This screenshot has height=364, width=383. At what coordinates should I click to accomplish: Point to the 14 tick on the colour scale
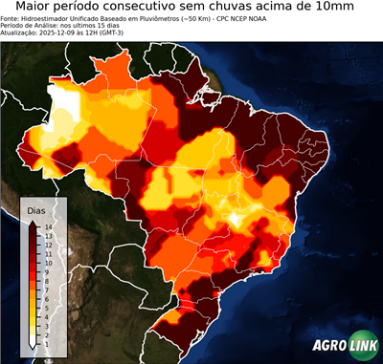pos(48,227)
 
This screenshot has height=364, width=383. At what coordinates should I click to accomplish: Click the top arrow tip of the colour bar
pos(33,221)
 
